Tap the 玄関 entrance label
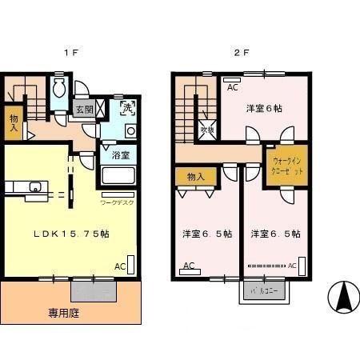tap(83, 110)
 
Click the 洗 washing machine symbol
tap(128, 107)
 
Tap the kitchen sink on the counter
tap(34, 187)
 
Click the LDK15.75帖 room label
tap(70, 233)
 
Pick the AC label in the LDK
tap(118, 266)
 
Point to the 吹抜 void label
tap(206, 128)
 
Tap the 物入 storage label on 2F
tap(196, 176)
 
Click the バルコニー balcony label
tap(263, 291)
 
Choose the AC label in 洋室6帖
tap(232, 87)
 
